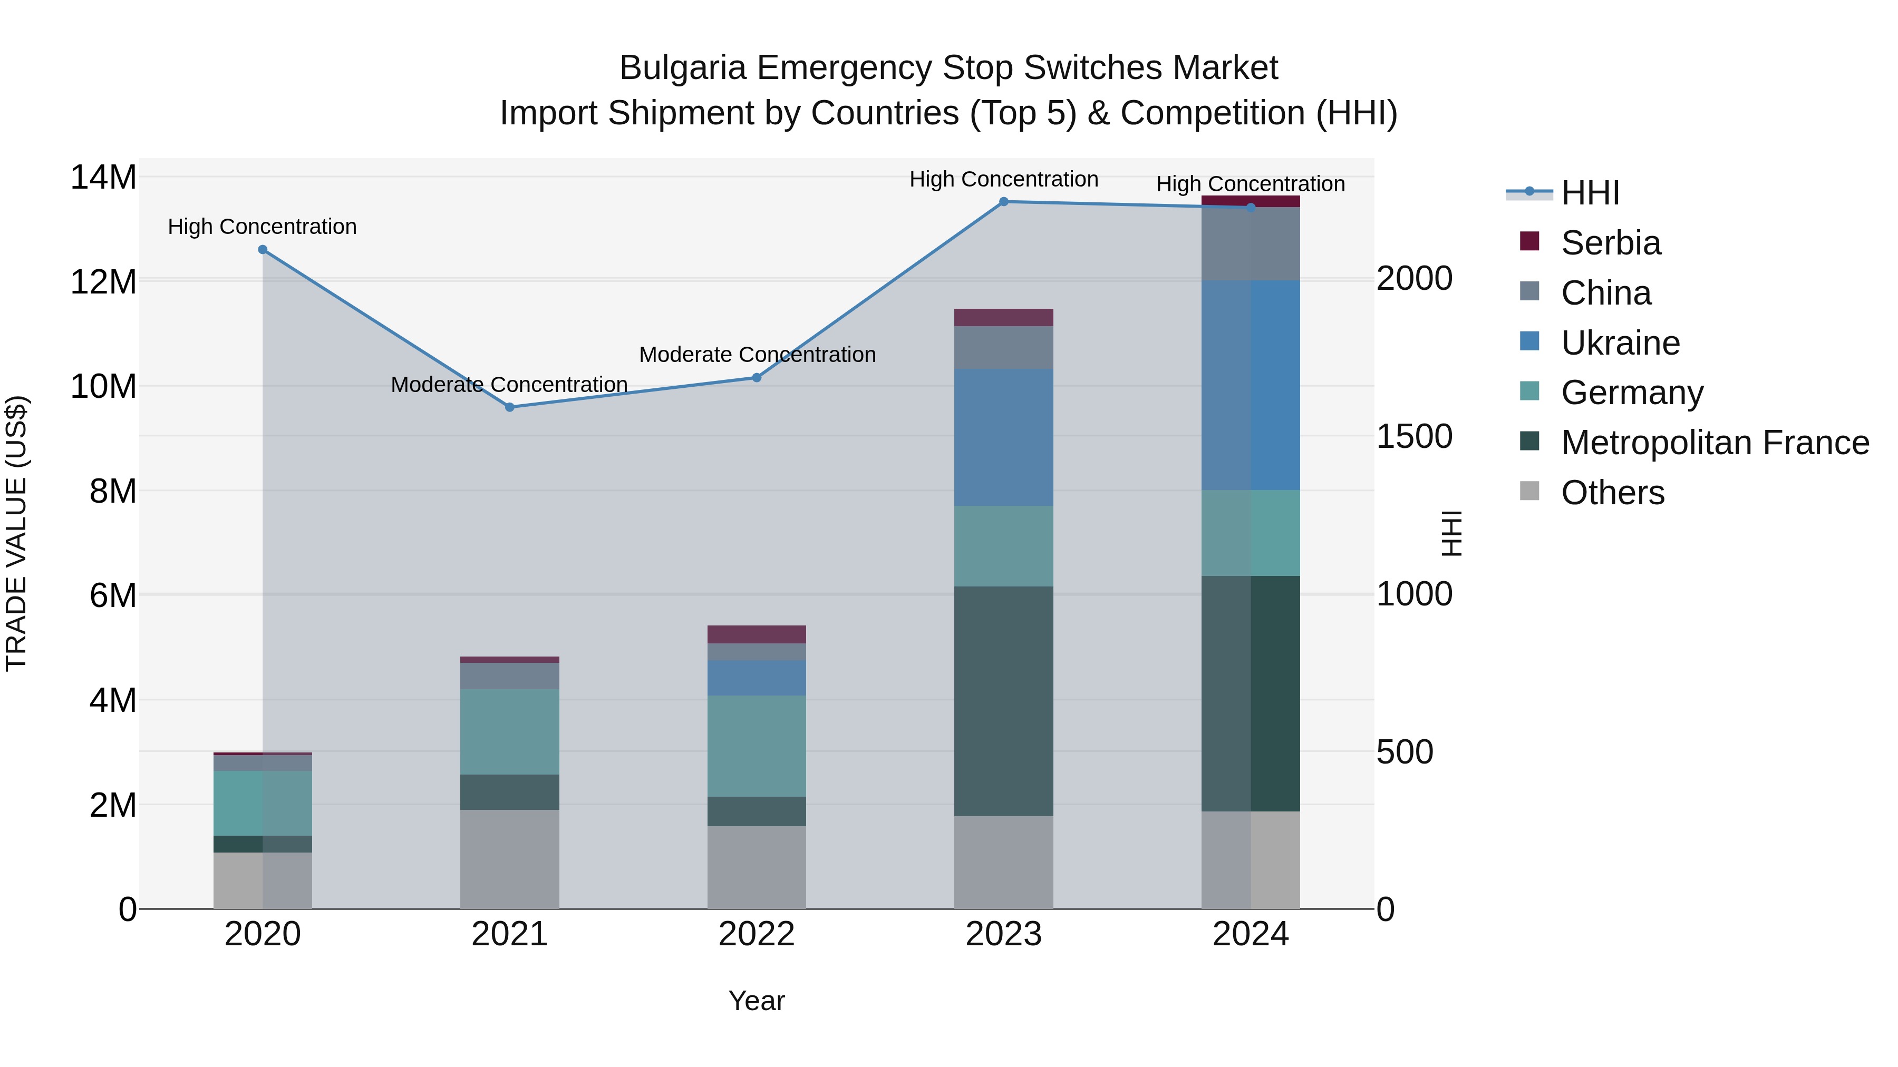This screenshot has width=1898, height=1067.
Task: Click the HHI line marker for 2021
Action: [x=509, y=407]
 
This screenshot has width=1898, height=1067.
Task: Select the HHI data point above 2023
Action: [x=1003, y=202]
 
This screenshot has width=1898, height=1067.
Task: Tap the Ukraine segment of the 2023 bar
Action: [x=1003, y=437]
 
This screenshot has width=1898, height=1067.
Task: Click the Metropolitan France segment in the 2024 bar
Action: [x=1251, y=693]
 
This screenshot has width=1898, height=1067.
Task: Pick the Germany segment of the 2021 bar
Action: [x=509, y=732]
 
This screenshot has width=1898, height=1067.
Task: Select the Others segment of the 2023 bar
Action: [x=1003, y=862]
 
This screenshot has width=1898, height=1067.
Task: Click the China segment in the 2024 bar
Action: [x=1251, y=244]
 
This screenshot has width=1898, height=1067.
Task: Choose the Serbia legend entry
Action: [x=1610, y=243]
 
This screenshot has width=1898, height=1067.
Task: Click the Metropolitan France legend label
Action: [x=1715, y=443]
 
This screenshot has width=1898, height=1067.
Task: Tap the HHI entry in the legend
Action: [x=1590, y=193]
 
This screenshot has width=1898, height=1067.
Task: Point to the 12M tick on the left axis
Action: [x=103, y=282]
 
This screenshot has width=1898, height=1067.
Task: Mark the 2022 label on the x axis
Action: [x=757, y=934]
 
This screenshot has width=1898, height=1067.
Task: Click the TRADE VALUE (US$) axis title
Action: [x=16, y=533]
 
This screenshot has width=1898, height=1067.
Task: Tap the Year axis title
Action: [x=757, y=1001]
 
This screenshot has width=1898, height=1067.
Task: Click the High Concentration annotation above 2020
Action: [x=263, y=227]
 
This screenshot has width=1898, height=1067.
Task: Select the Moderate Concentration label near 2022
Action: [x=757, y=355]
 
